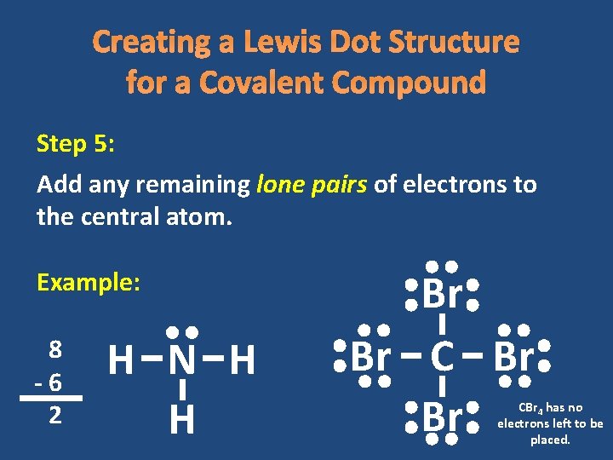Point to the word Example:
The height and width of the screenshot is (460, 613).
(x=89, y=283)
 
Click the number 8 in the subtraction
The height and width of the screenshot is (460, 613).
(x=54, y=349)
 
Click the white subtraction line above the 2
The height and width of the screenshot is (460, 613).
(x=51, y=398)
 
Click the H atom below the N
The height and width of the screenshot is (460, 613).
(x=181, y=419)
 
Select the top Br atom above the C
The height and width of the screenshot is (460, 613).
(x=442, y=295)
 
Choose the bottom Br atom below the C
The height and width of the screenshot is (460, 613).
(x=442, y=417)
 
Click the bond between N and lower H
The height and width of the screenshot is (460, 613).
(x=181, y=390)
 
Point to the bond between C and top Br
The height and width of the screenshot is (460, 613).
(x=442, y=325)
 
